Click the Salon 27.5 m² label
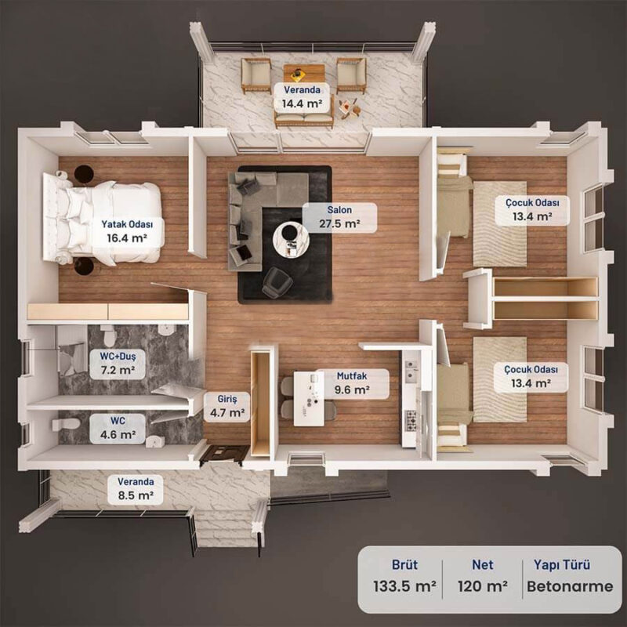click(x=339, y=217)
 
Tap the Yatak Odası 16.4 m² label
click(x=127, y=231)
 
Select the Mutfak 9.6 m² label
click(x=352, y=383)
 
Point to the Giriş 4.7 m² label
click(x=227, y=406)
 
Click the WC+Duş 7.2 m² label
click(x=118, y=364)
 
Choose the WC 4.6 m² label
click(x=118, y=428)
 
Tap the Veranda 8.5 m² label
click(x=136, y=488)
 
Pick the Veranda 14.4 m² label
click(x=302, y=97)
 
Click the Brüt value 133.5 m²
click(x=404, y=586)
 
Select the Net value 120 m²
click(x=483, y=586)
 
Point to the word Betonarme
click(x=570, y=586)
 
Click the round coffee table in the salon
click(x=290, y=239)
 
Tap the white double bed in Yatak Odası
click(x=103, y=219)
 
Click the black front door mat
click(x=224, y=455)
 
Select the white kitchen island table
click(x=309, y=399)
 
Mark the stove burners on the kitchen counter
click(x=411, y=420)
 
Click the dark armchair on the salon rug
click(x=277, y=282)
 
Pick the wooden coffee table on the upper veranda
click(x=304, y=73)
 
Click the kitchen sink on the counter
click(x=411, y=370)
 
